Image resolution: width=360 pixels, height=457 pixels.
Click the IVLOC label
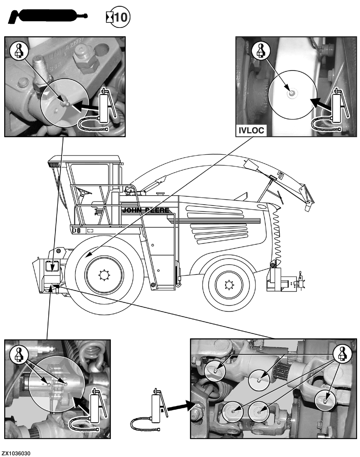tap(251, 131)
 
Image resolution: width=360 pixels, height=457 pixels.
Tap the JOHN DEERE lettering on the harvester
tap(145, 210)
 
